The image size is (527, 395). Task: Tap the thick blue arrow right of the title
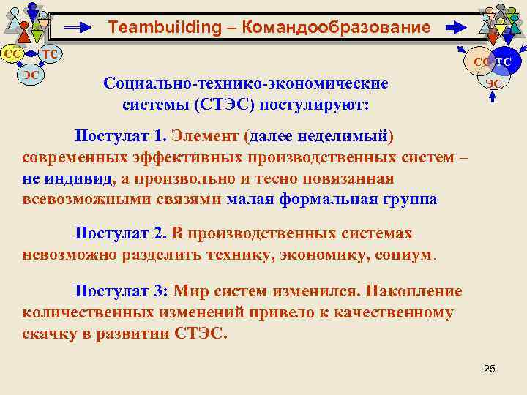pyautogui.click(x=455, y=29)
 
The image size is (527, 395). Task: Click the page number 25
pyautogui.click(x=490, y=367)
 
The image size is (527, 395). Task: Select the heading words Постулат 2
pyautogui.click(x=121, y=233)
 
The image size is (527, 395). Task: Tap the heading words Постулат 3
pyautogui.click(x=121, y=291)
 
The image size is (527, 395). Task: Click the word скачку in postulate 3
pyautogui.click(x=51, y=334)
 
